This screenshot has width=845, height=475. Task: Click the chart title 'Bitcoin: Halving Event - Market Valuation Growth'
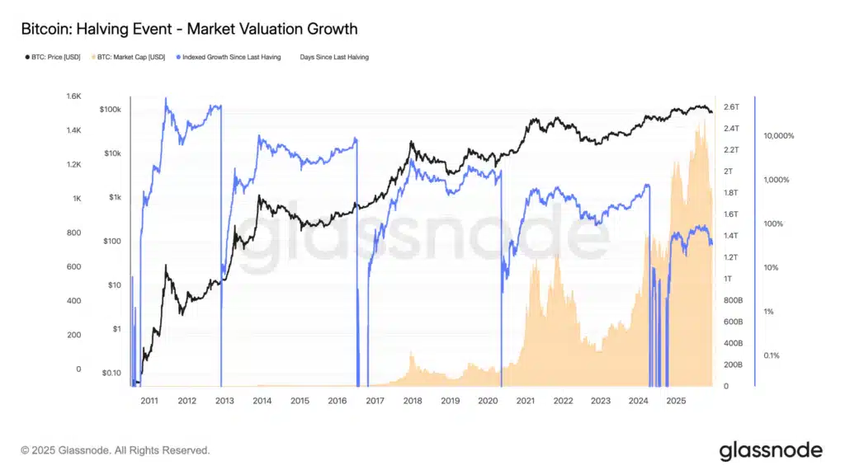(x=189, y=29)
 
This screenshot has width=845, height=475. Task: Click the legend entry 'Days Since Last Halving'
(x=334, y=57)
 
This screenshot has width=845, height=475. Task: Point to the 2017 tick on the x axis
(x=375, y=401)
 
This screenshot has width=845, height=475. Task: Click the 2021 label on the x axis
(x=525, y=401)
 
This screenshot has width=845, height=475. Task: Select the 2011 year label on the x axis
(x=149, y=401)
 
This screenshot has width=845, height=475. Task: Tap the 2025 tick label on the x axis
(x=676, y=401)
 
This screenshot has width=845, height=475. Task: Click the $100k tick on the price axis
(x=110, y=110)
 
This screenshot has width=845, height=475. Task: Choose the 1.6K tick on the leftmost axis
(x=73, y=96)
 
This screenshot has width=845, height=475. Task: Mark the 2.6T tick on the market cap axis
(x=732, y=107)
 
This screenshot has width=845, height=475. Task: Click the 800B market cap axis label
(x=733, y=300)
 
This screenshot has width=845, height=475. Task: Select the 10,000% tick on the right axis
(x=779, y=136)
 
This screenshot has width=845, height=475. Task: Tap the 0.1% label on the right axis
(x=772, y=355)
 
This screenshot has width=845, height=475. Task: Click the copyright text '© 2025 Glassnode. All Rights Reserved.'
(x=116, y=451)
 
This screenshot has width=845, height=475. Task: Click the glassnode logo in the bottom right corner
(x=771, y=450)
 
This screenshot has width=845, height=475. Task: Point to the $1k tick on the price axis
(x=113, y=197)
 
